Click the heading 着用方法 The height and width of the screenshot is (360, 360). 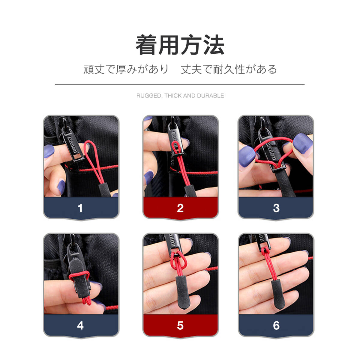tap(180, 45)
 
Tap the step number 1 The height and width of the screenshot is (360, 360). tap(80, 208)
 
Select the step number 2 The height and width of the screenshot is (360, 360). tap(180, 208)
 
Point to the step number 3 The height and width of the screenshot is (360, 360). tap(276, 208)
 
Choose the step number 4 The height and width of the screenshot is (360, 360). tap(80, 325)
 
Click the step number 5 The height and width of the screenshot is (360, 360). tap(180, 325)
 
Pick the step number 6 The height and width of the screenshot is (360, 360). tap(276, 325)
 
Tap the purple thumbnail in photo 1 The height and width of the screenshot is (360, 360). tap(49, 151)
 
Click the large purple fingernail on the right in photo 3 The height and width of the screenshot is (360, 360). tap(303, 143)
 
